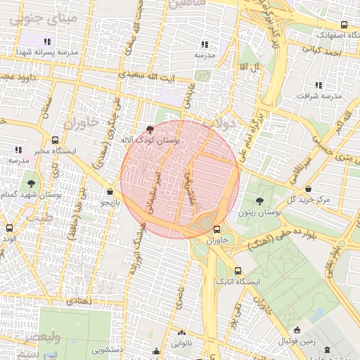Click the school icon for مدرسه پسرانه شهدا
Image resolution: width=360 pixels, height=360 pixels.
47,41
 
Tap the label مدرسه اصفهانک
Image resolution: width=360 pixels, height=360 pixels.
321,33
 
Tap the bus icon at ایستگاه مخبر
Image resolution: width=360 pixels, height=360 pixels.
56,140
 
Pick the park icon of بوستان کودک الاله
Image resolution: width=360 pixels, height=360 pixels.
150,129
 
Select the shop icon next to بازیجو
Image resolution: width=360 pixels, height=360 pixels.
110,191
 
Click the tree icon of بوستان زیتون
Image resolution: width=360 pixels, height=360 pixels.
259,201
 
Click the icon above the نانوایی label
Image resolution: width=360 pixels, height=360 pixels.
182,333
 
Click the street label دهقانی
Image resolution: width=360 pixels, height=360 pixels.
78,300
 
